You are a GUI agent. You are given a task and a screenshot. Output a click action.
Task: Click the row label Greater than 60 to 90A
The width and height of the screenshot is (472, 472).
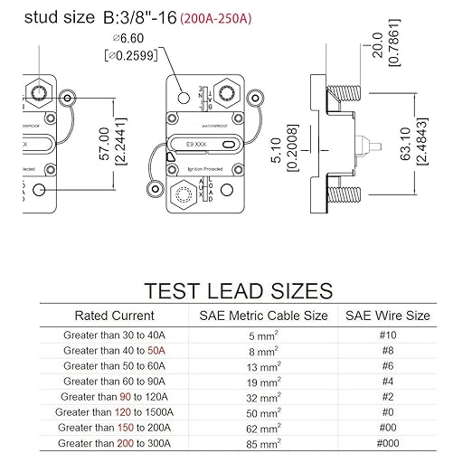pyautogui.click(x=116, y=381)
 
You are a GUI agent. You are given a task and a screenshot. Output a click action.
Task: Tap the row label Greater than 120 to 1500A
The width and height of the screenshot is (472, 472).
pyautogui.click(x=116, y=411)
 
